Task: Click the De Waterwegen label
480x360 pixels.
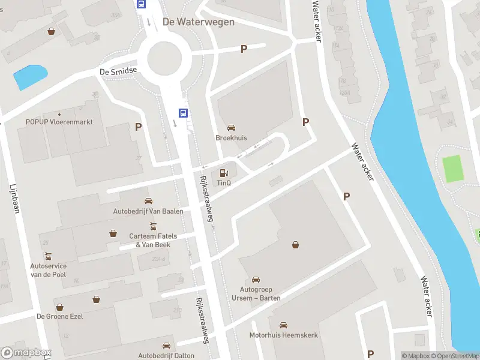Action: [198, 22]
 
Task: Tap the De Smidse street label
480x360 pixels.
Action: [118, 71]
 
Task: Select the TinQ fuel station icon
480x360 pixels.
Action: [224, 173]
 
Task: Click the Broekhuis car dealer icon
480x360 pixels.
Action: [231, 128]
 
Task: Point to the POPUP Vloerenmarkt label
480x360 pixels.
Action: [59, 122]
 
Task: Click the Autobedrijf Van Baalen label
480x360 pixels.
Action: [148, 211]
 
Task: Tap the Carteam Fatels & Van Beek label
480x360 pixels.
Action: [150, 240]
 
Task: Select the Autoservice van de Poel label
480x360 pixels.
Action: [48, 270]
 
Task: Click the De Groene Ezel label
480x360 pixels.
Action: [60, 316]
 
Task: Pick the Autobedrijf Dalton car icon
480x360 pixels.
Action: [167, 346]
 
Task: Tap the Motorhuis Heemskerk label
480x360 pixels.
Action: [284, 335]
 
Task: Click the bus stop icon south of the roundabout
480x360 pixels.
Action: [182, 112]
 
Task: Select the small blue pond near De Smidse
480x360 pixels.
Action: [30, 77]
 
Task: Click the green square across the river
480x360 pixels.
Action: [454, 169]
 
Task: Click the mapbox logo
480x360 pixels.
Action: [26, 353]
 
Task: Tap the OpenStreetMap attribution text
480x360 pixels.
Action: [453, 356]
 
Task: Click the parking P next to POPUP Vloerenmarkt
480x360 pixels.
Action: [139, 127]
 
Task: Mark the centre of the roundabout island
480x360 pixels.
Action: [160, 58]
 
